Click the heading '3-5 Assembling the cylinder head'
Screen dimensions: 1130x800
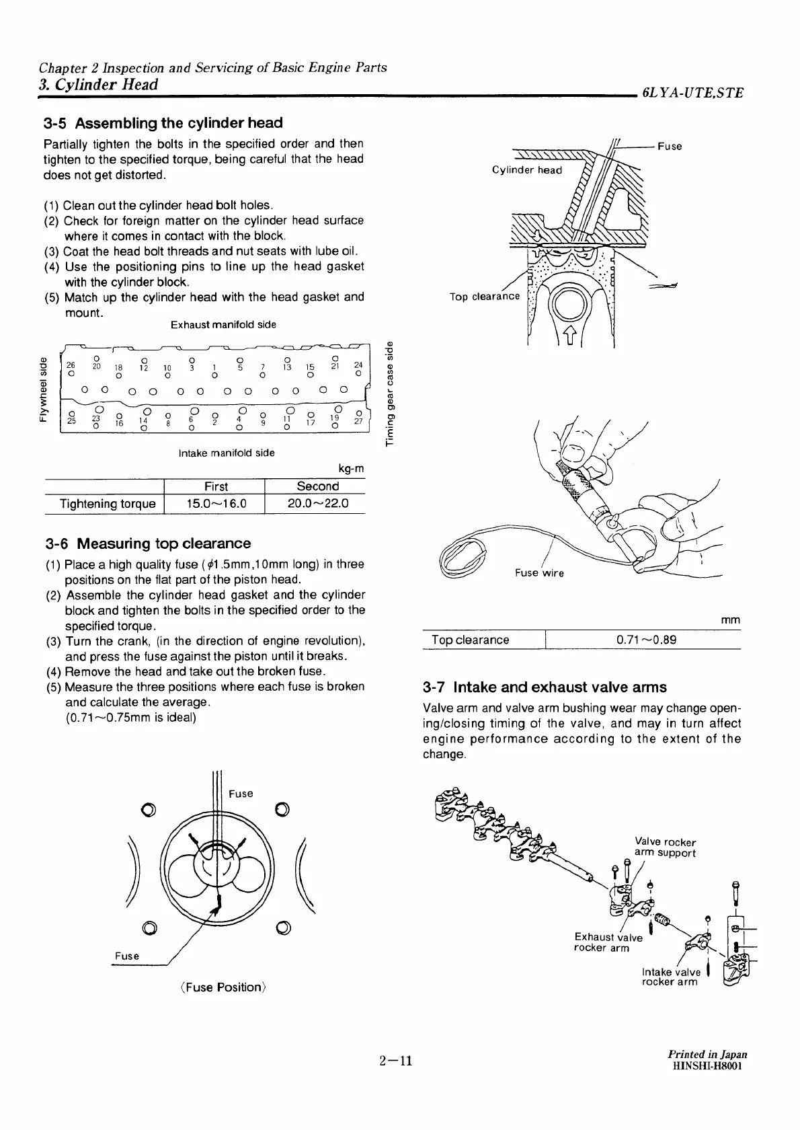163,123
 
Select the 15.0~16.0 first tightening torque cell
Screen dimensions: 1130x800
216,504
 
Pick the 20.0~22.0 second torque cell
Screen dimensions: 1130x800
317,504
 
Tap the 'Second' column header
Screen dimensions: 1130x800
317,486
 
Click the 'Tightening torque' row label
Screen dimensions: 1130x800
108,504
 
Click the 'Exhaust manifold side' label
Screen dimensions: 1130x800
223,325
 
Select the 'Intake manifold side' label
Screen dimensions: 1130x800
227,453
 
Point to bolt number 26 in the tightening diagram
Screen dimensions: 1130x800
71,366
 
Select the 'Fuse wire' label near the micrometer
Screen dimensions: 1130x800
539,573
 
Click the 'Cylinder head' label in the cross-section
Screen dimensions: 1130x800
526,170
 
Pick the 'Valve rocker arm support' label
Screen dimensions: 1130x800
665,848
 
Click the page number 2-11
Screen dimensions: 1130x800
395,1062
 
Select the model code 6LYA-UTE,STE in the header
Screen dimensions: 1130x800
692,93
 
